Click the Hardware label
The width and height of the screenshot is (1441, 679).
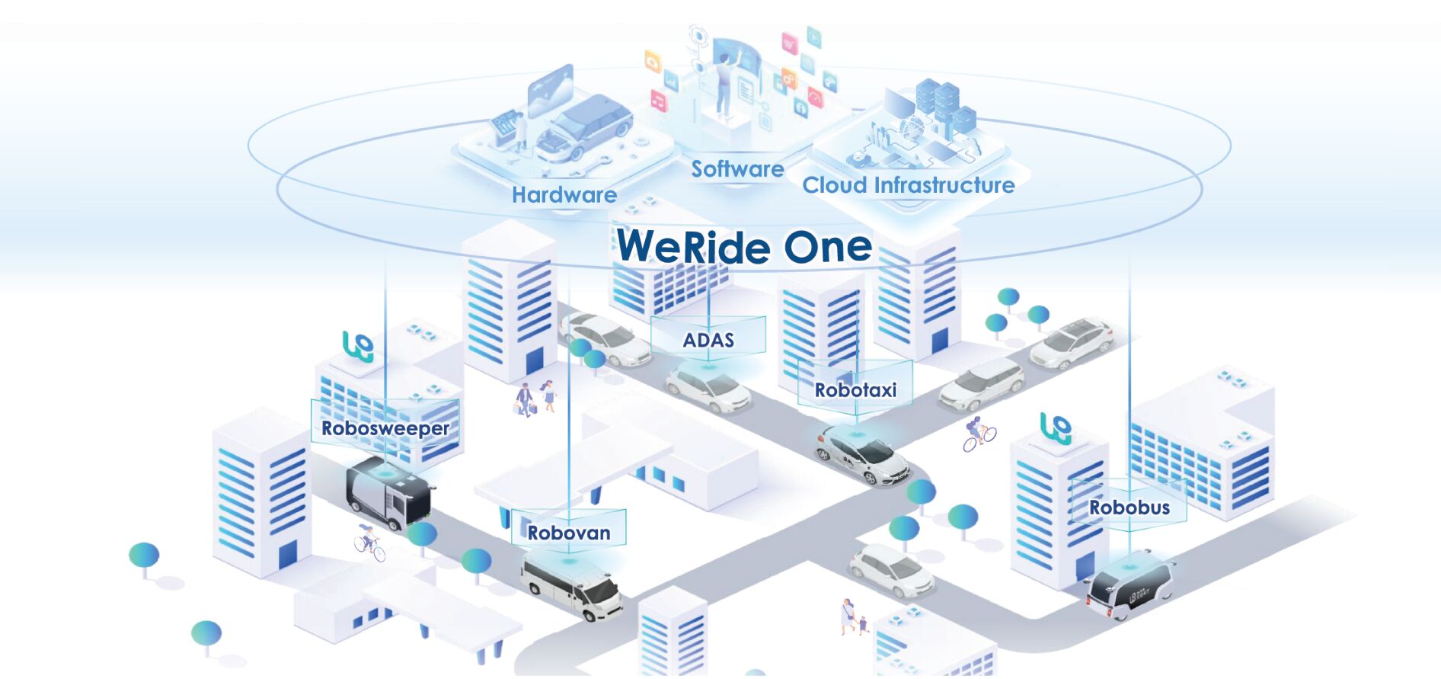point(564,195)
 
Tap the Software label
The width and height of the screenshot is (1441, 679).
point(737,169)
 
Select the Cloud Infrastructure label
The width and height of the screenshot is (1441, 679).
point(908,185)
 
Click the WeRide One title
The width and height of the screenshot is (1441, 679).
point(744,247)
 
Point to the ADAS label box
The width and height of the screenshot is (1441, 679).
point(708,340)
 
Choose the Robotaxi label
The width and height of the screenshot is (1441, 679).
point(855,390)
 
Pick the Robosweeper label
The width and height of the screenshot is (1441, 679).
point(385,428)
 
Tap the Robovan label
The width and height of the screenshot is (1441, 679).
point(569,533)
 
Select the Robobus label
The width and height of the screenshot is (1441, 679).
point(1129,508)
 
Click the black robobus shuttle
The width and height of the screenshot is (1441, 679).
point(1130,588)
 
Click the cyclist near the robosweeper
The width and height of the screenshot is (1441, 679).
point(369,540)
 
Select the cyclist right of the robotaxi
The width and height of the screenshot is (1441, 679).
point(978,434)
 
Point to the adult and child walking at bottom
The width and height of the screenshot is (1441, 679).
point(852,617)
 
